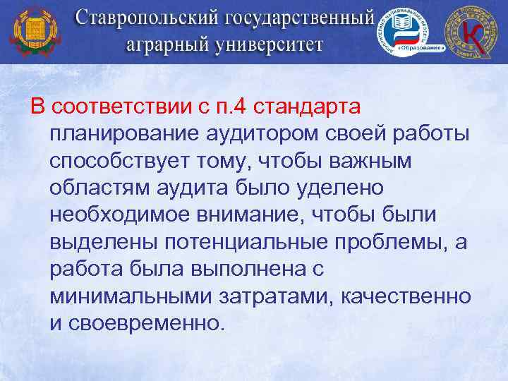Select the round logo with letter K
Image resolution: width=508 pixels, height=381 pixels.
[471, 31]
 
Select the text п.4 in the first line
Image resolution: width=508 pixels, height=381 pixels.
[233, 108]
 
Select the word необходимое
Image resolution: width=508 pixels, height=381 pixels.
[122, 215]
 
